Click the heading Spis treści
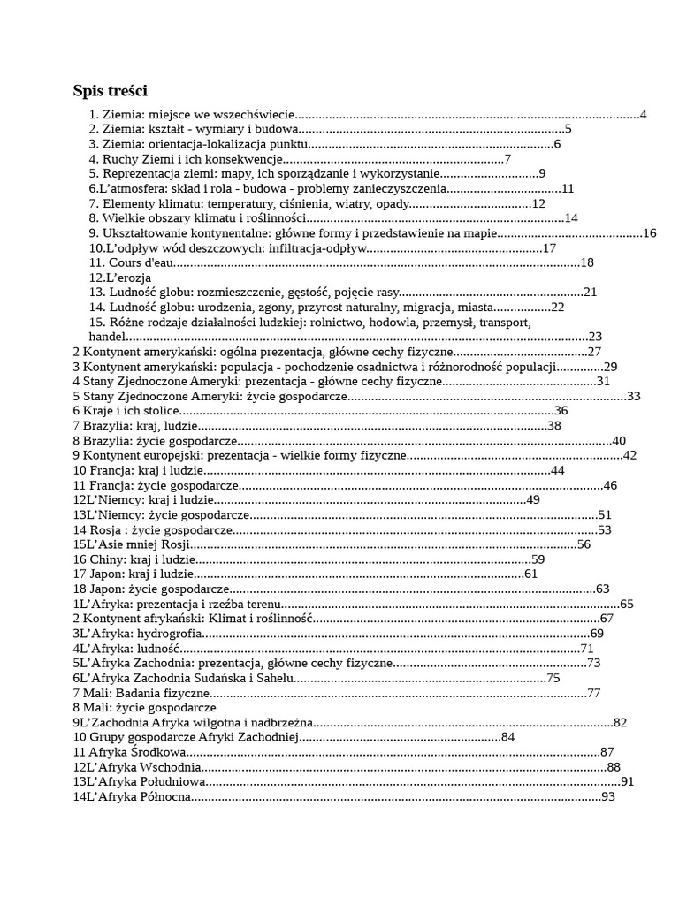110,90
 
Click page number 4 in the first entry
643,114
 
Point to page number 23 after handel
595,337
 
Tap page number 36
561,411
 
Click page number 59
538,559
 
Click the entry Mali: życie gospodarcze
145,708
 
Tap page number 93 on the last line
607,797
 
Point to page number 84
507,737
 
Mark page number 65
627,604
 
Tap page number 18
586,262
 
